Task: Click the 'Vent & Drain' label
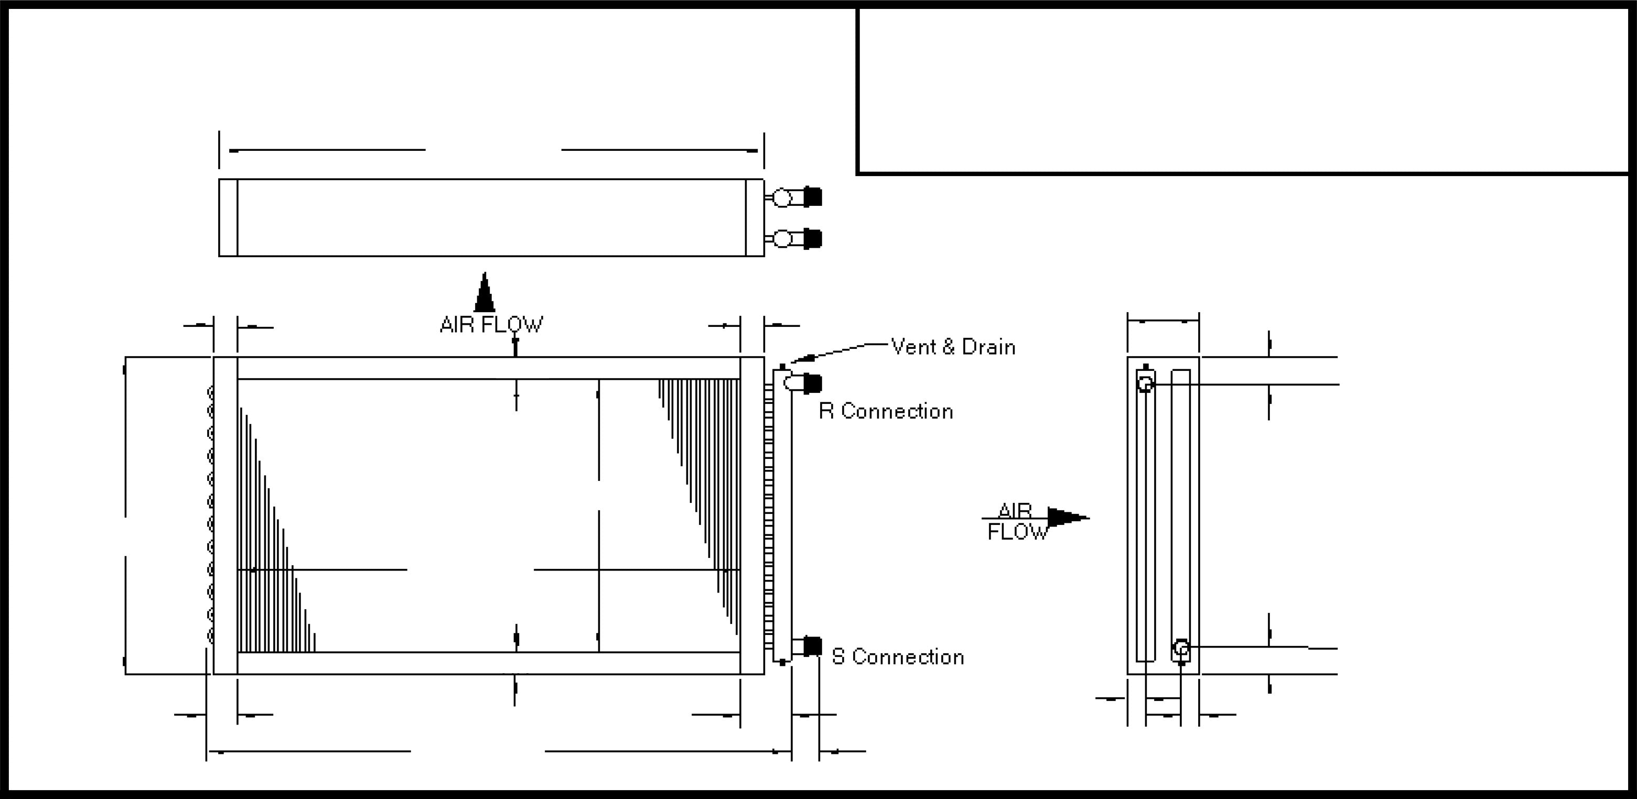(x=953, y=347)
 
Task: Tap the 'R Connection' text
(x=886, y=412)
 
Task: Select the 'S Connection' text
(x=897, y=656)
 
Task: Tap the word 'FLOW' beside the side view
(x=1017, y=532)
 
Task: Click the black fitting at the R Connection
(x=812, y=383)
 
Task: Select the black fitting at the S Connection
(x=812, y=646)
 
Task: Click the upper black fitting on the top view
(x=812, y=197)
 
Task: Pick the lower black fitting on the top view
(x=812, y=239)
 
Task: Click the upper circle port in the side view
(x=1145, y=384)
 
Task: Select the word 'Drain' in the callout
(x=988, y=347)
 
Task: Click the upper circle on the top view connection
(x=782, y=199)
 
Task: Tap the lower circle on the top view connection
(x=782, y=239)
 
